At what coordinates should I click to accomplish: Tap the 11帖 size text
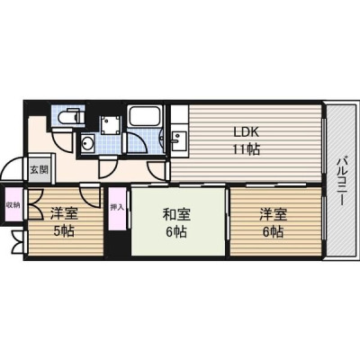click(247, 149)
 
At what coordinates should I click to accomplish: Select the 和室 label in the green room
click(176, 215)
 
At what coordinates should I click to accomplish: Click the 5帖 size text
click(64, 231)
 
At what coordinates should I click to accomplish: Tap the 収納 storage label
click(13, 205)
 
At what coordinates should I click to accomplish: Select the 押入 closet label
click(117, 207)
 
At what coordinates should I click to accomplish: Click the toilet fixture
click(68, 116)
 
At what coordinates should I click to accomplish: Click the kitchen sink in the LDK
click(179, 140)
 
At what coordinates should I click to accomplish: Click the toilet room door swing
click(61, 140)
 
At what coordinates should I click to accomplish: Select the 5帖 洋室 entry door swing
click(90, 196)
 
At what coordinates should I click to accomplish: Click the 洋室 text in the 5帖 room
click(64, 214)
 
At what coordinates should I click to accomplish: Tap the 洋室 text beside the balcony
click(273, 215)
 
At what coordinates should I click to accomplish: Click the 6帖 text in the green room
click(176, 231)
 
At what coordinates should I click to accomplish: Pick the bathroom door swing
click(135, 144)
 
